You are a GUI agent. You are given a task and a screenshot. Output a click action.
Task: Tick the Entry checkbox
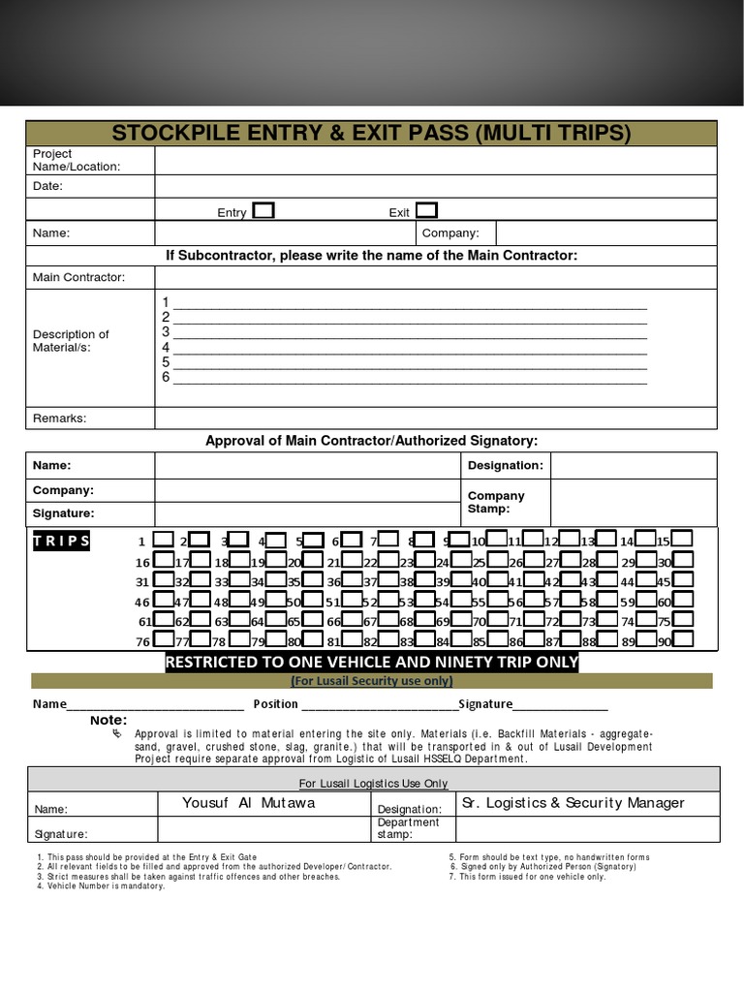click(263, 211)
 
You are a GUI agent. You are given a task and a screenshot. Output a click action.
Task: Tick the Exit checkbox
click(426, 211)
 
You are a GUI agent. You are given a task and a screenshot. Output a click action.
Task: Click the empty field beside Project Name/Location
click(435, 160)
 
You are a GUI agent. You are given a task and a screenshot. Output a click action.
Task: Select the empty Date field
click(435, 186)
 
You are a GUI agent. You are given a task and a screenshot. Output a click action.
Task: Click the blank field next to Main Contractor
click(435, 278)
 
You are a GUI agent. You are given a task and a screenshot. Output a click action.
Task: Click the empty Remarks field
click(435, 418)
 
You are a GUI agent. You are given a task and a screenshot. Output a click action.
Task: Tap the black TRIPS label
click(61, 541)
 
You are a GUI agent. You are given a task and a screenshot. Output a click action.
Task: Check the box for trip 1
click(164, 539)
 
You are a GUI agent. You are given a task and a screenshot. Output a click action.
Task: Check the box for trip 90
click(683, 638)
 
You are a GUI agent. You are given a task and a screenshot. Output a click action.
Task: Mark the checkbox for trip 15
click(683, 539)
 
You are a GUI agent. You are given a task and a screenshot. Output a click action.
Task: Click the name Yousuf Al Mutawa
click(248, 803)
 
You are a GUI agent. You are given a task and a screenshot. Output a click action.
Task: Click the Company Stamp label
click(496, 502)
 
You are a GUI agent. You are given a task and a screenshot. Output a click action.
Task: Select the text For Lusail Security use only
click(372, 681)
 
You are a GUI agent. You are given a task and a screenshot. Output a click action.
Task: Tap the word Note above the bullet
click(108, 721)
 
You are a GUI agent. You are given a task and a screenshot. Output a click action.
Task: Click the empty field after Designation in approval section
click(634, 466)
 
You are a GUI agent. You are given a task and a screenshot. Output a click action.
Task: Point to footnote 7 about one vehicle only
click(528, 877)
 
